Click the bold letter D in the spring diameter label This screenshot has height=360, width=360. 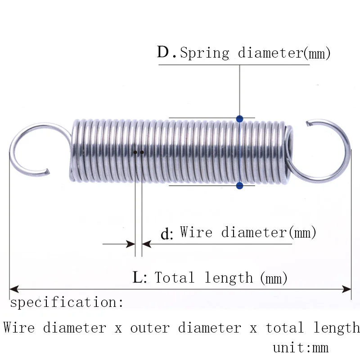click(163, 52)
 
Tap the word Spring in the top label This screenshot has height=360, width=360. click(204, 53)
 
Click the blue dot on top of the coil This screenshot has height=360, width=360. click(239, 119)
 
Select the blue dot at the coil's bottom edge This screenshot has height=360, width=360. click(239, 185)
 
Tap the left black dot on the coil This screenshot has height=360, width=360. click(135, 152)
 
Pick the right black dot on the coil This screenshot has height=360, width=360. click(142, 152)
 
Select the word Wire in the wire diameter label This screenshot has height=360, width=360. click(196, 232)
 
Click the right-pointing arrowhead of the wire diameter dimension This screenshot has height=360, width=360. click(131, 244)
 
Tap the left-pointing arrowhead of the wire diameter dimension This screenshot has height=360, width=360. click(147, 244)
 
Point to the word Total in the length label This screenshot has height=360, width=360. click(174, 277)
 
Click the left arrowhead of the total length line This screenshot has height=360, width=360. click(14, 289)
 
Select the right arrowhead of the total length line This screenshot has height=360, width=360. click(346, 289)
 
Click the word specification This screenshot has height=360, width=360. click(67, 302)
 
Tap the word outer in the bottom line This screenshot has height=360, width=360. click(150, 328)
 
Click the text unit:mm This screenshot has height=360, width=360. click(301, 348)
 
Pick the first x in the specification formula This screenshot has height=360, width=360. click(118, 329)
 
